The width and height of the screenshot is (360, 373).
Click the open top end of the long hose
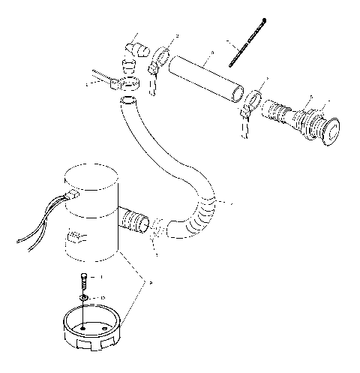[130, 100]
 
